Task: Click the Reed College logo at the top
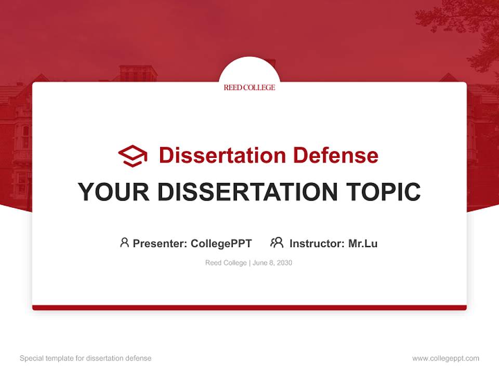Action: point(249,87)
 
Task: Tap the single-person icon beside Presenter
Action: point(124,243)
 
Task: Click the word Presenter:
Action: point(160,243)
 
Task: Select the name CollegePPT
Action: point(221,243)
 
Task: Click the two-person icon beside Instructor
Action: point(277,243)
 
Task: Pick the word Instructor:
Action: point(317,243)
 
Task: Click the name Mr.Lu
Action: point(363,243)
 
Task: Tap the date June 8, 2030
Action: point(273,263)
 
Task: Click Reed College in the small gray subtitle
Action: point(226,263)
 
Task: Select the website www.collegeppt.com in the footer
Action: point(445,358)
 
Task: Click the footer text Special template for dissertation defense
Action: point(85,358)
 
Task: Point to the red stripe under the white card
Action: point(249,308)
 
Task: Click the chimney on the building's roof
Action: point(138,73)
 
